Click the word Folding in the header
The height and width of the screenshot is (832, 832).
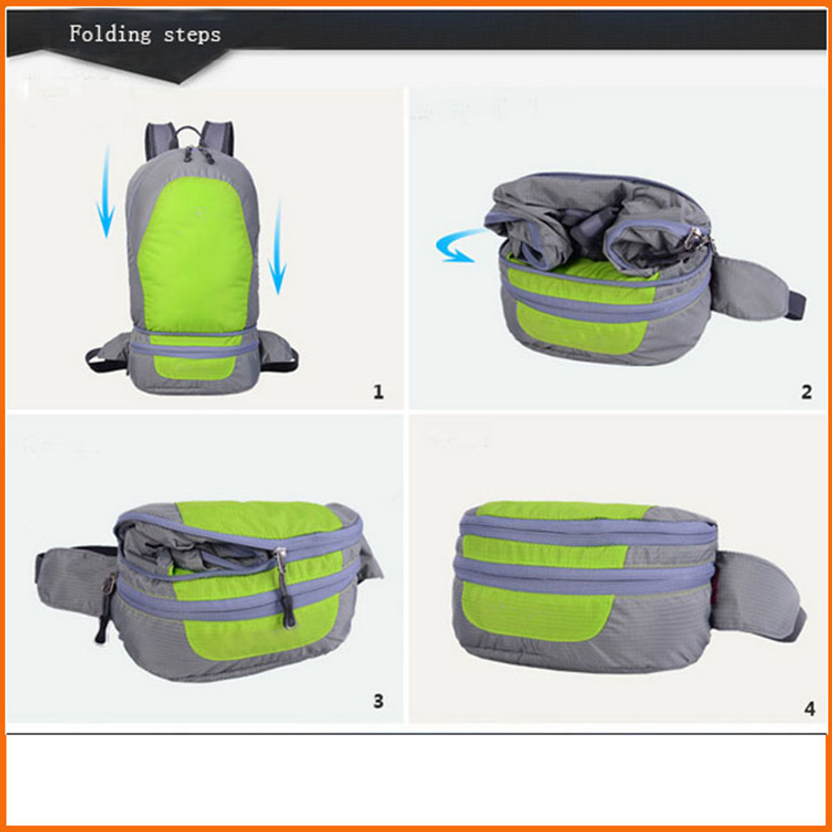click(x=110, y=34)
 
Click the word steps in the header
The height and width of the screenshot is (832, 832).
click(x=192, y=35)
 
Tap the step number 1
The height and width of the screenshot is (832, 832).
click(x=379, y=392)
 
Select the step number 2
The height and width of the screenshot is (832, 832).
click(x=806, y=392)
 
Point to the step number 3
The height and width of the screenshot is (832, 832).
click(x=379, y=701)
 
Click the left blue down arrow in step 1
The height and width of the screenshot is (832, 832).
click(x=105, y=193)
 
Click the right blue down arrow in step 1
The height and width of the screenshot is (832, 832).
click(x=277, y=247)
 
